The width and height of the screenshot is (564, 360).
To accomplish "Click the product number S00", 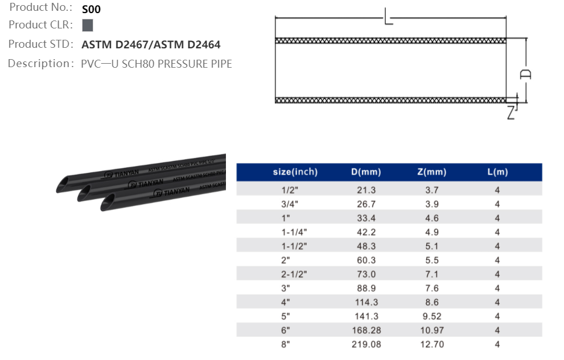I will click(91, 9).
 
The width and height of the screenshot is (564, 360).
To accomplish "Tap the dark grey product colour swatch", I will click(88, 25).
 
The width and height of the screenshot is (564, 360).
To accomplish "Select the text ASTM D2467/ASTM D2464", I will click(151, 44).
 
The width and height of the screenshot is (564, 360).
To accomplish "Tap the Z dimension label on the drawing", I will click(511, 113).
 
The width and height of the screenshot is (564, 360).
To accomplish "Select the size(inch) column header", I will click(295, 172).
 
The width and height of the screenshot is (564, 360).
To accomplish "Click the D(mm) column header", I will click(366, 172).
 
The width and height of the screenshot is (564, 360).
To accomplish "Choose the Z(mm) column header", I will click(431, 172).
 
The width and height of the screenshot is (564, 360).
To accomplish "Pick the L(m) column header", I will click(497, 172).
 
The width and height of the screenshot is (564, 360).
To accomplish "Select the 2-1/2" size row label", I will click(294, 274).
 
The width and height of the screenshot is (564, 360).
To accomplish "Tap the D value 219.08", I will click(367, 344).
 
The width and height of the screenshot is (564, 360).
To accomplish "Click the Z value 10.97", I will click(431, 330).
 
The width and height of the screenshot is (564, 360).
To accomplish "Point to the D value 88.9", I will click(367, 288).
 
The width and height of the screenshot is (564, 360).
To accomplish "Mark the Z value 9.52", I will click(431, 316).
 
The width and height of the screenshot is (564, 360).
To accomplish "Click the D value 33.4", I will click(367, 218).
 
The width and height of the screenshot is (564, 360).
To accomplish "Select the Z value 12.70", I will click(431, 344).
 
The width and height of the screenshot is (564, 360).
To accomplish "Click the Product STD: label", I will click(41, 44).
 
